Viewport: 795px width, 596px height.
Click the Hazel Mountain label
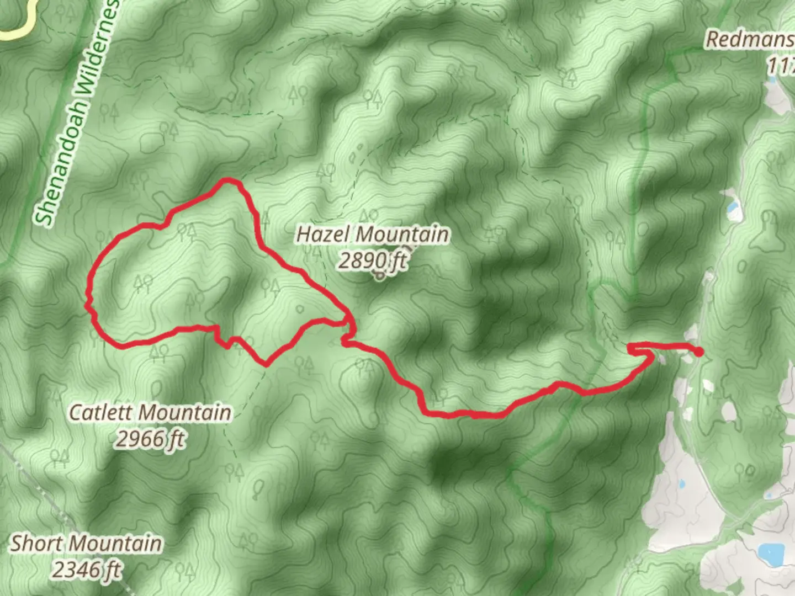pyautogui.click(x=373, y=234)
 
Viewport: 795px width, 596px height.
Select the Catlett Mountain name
pyautogui.click(x=150, y=412)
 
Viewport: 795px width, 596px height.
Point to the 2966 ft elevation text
pyautogui.click(x=150, y=439)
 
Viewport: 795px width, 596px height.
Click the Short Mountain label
pyautogui.click(x=86, y=543)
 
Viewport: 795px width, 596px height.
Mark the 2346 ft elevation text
pyautogui.click(x=86, y=569)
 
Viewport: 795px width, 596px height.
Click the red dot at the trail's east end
pyautogui.click(x=699, y=352)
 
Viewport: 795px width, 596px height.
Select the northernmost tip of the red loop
pyautogui.click(x=226, y=180)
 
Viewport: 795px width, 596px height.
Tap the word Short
pyautogui.click(x=35, y=543)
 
